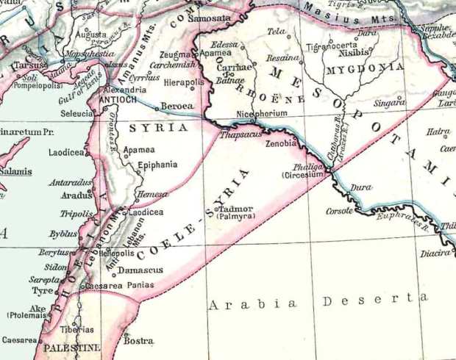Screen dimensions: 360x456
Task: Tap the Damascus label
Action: [x=140, y=270]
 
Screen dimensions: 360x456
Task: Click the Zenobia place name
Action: [x=281, y=145]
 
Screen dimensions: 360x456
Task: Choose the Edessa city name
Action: [x=224, y=46]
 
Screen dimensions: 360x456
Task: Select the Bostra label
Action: [x=138, y=340]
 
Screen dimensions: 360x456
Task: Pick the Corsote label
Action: [x=340, y=211]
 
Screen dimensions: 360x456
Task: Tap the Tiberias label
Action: [x=77, y=328]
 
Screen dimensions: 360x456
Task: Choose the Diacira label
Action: [x=435, y=253]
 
